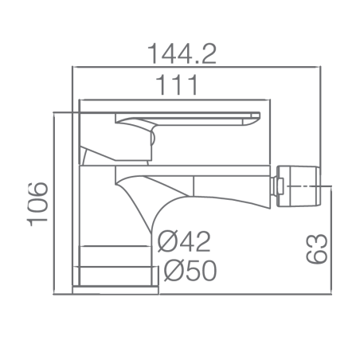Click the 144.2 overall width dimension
(x=182, y=54)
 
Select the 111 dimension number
(x=177, y=85)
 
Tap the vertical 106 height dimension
(x=37, y=204)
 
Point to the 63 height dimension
(x=316, y=248)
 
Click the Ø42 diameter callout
(x=184, y=241)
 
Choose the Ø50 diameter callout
(x=190, y=270)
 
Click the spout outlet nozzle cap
(x=298, y=186)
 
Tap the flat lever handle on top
(x=187, y=119)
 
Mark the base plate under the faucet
(x=115, y=290)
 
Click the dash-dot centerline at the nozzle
(x=309, y=186)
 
